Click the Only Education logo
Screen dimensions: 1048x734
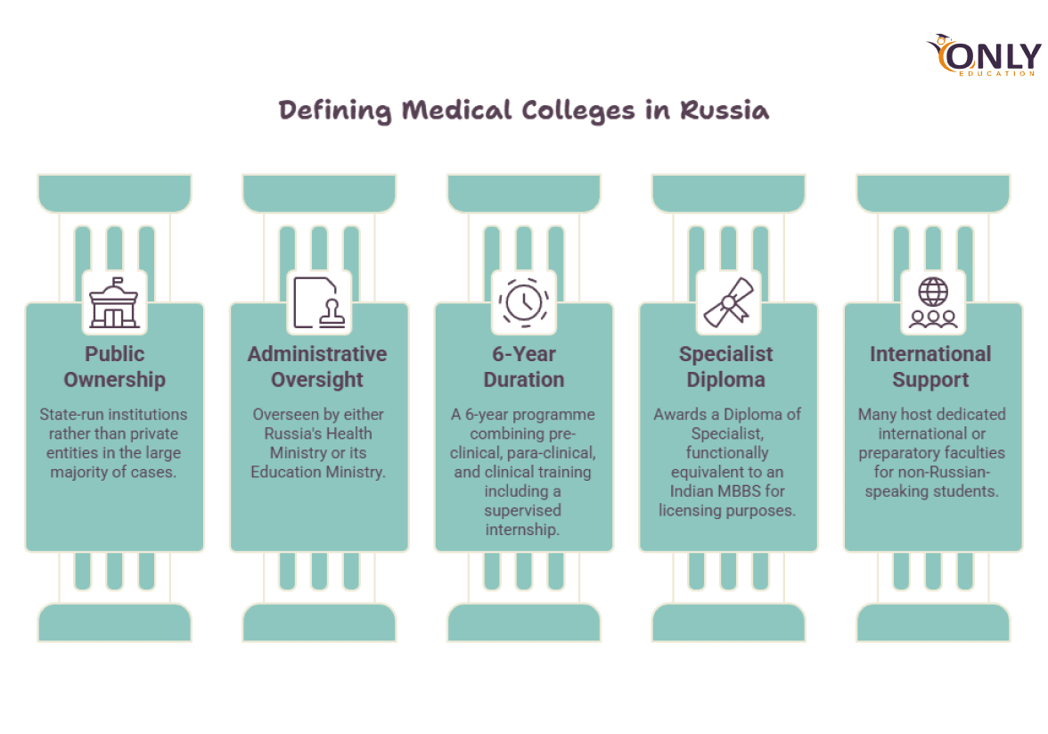click(x=983, y=55)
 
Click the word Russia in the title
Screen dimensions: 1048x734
click(x=725, y=110)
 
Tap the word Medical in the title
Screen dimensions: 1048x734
click(x=456, y=110)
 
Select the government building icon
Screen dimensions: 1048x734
click(x=114, y=302)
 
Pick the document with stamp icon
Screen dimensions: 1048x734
click(x=319, y=302)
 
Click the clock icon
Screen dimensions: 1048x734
click(x=524, y=302)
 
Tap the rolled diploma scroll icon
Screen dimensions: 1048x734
click(x=729, y=302)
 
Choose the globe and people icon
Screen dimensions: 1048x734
click(x=933, y=302)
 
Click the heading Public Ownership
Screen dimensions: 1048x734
click(x=114, y=367)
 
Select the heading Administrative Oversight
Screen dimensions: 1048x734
click(x=317, y=367)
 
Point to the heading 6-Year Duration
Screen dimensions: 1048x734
click(x=524, y=367)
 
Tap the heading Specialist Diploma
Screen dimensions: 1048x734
click(x=725, y=367)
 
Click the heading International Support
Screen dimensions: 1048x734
click(x=930, y=367)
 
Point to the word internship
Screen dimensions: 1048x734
click(x=522, y=530)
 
